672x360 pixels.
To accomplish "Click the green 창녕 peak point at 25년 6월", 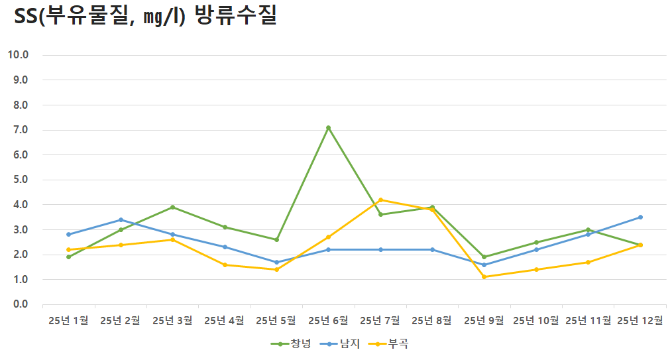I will coord(328,127).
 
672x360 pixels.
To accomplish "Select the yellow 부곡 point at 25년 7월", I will coord(380,200).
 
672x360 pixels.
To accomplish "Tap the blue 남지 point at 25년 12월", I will coord(640,217).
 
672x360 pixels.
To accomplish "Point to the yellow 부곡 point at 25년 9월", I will coord(484,277).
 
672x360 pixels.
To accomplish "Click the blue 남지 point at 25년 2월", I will coord(121,219).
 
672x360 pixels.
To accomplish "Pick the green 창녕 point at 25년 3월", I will coord(172,207).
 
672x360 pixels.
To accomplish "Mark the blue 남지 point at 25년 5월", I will coord(276,262).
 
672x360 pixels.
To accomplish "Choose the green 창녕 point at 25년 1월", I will coord(68,257).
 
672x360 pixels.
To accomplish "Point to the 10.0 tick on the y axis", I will coord(18,55).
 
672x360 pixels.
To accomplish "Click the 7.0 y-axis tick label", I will coord(20,130).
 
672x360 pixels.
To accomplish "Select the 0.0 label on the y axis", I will coord(20,305).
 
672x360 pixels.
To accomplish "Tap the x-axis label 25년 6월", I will coord(328,321).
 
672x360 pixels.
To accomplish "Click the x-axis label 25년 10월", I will coord(536,321).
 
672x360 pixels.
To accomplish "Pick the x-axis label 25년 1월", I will coord(68,321).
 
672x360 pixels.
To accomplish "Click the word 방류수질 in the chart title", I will coord(236,17).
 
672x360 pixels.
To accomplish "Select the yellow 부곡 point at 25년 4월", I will coord(225,265).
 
